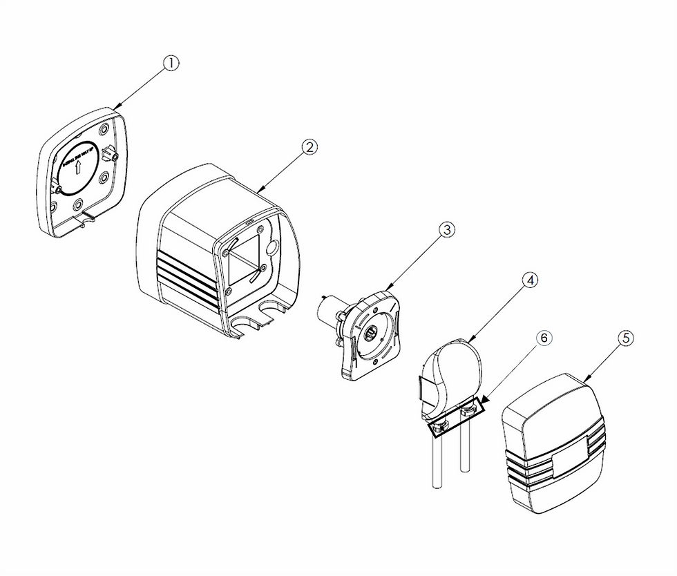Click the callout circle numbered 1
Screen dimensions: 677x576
[171, 63]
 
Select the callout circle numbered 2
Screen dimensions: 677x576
[309, 146]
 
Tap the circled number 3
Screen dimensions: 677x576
[447, 231]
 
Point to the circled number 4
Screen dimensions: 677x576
[531, 280]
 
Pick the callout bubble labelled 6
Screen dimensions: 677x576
[544, 338]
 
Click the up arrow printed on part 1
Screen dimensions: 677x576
[79, 166]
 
